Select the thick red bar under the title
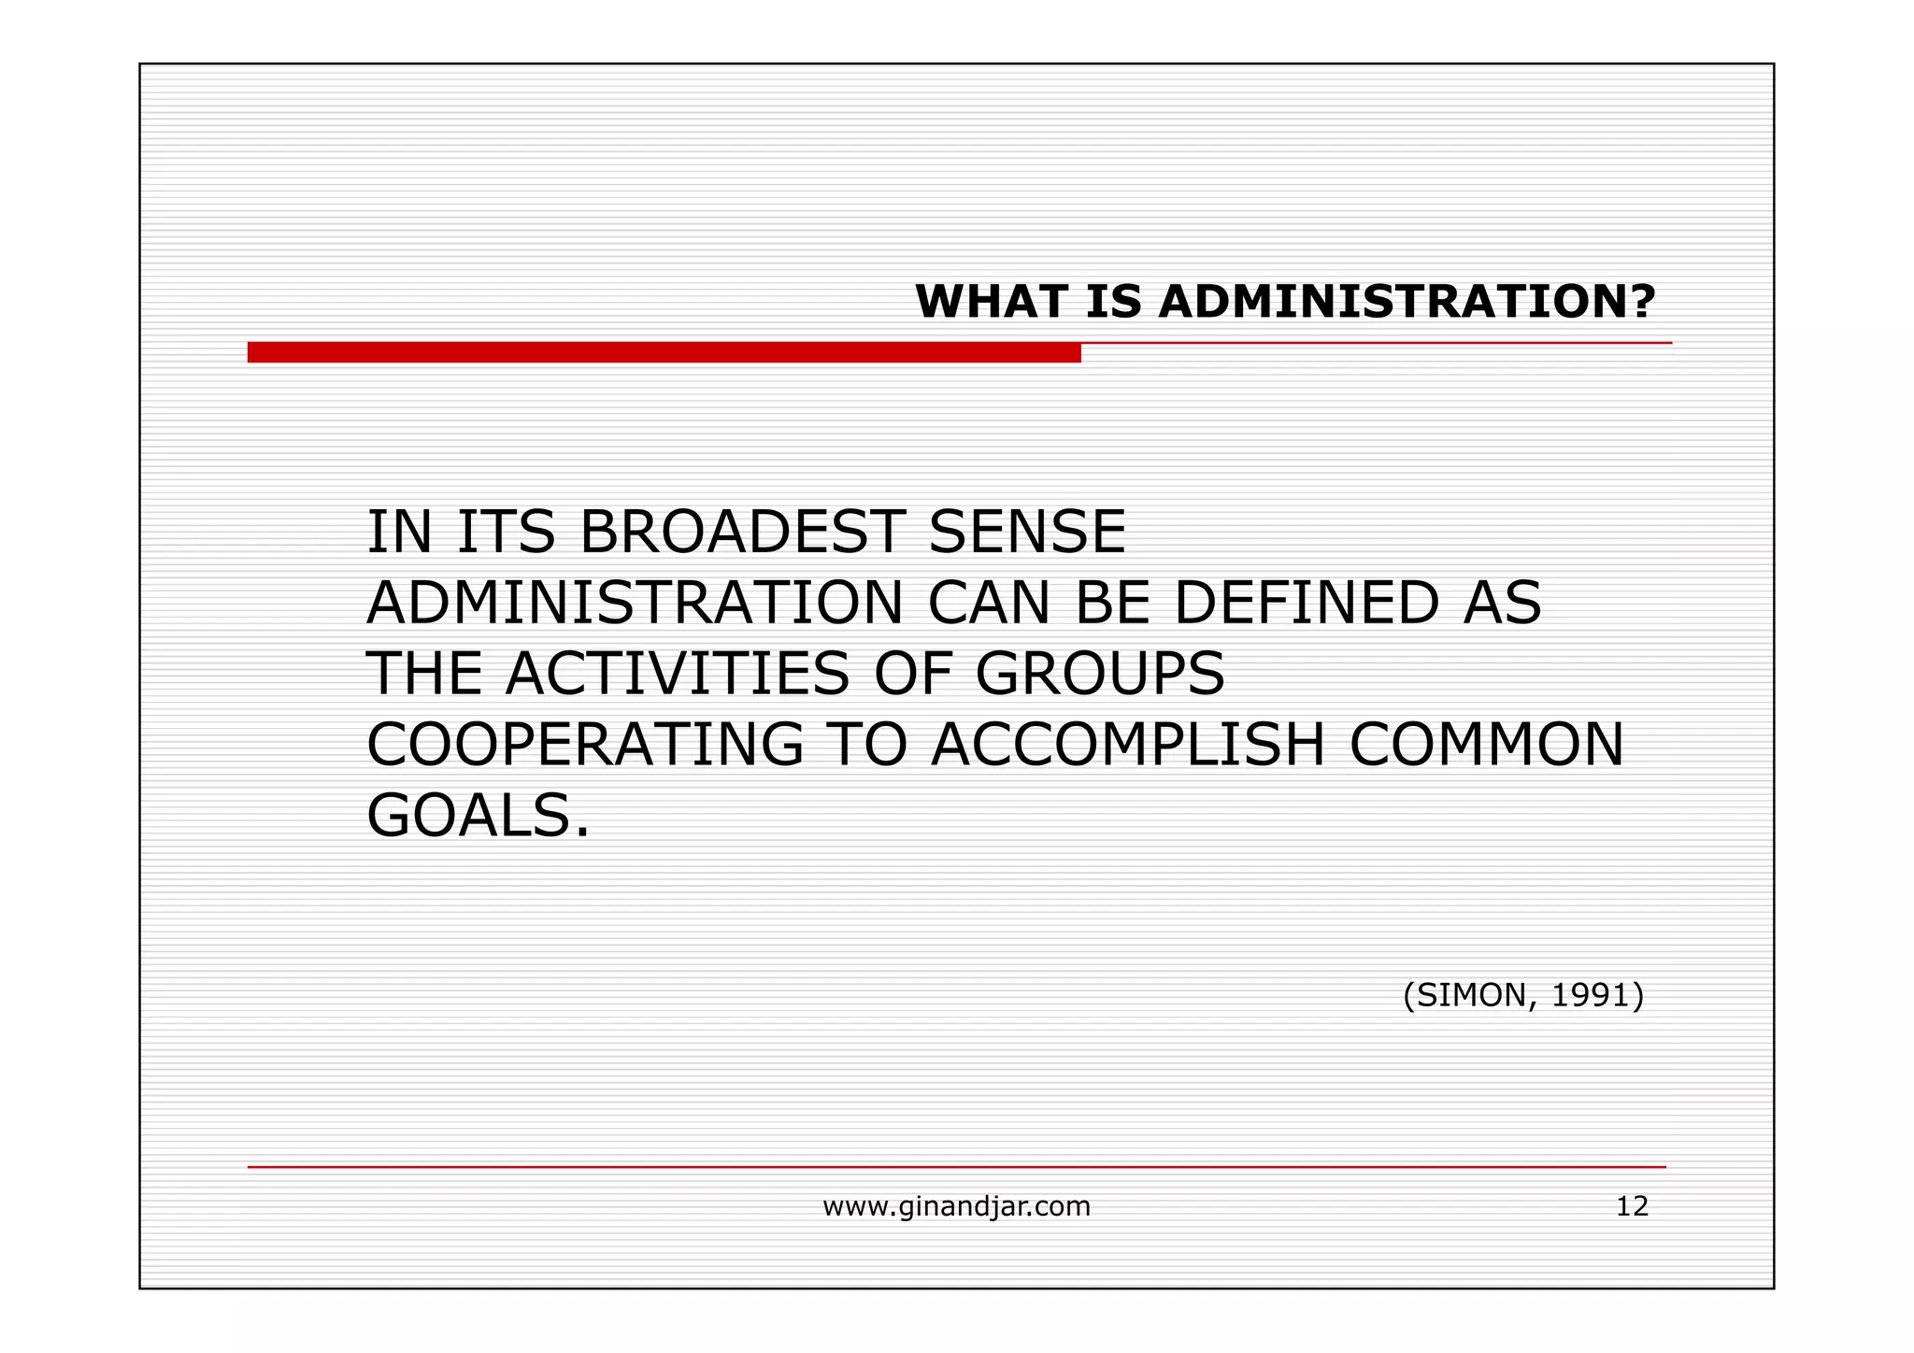pos(664,352)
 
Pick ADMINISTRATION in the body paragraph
pos(635,603)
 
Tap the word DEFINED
pos(1306,603)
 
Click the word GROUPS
pos(1099,674)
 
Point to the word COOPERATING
pos(585,745)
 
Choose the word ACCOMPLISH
pos(1128,745)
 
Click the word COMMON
pos(1486,745)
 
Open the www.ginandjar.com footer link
pos(956,1207)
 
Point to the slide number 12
pos(1632,1206)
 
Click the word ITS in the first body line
pos(506,532)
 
